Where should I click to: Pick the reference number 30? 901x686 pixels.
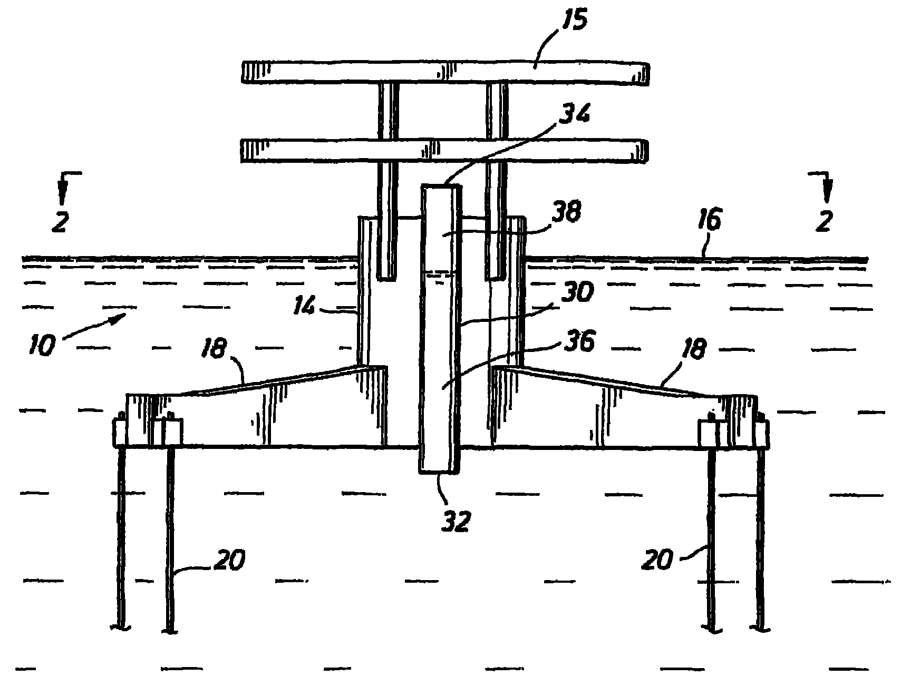(x=576, y=293)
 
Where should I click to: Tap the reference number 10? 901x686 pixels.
(x=44, y=347)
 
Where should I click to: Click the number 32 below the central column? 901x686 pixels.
(x=454, y=522)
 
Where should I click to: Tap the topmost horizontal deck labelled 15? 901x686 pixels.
(x=445, y=73)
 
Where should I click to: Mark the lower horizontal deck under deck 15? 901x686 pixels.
(x=444, y=150)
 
